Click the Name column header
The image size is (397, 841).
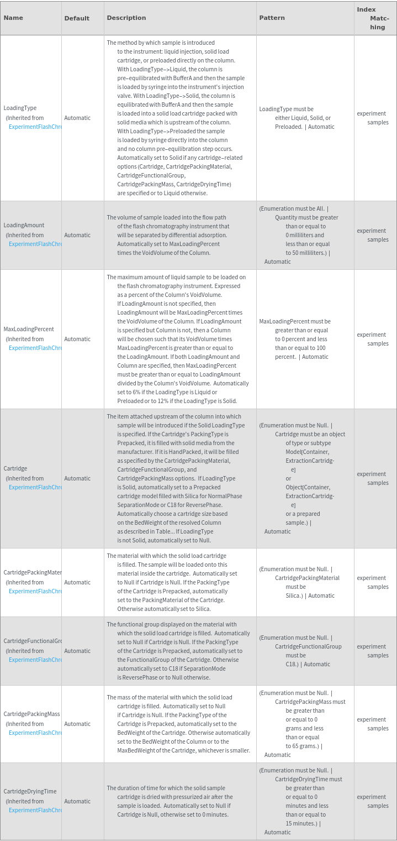[13, 18]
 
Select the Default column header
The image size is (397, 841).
[77, 18]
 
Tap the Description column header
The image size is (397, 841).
[126, 18]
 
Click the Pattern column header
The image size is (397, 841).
[272, 18]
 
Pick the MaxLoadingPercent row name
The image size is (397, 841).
[29, 329]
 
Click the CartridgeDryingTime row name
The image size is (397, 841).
[30, 791]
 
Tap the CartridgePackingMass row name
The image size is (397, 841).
[32, 714]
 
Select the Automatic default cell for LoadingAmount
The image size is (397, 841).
[77, 235]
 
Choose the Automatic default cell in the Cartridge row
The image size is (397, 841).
[77, 478]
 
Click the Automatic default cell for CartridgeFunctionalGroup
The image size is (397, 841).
[77, 651]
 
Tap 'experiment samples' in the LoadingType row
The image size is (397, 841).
[373, 118]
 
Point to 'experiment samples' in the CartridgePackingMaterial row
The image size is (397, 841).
[373, 582]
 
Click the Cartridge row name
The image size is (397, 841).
[15, 468]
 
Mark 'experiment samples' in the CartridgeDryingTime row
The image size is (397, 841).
[373, 801]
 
